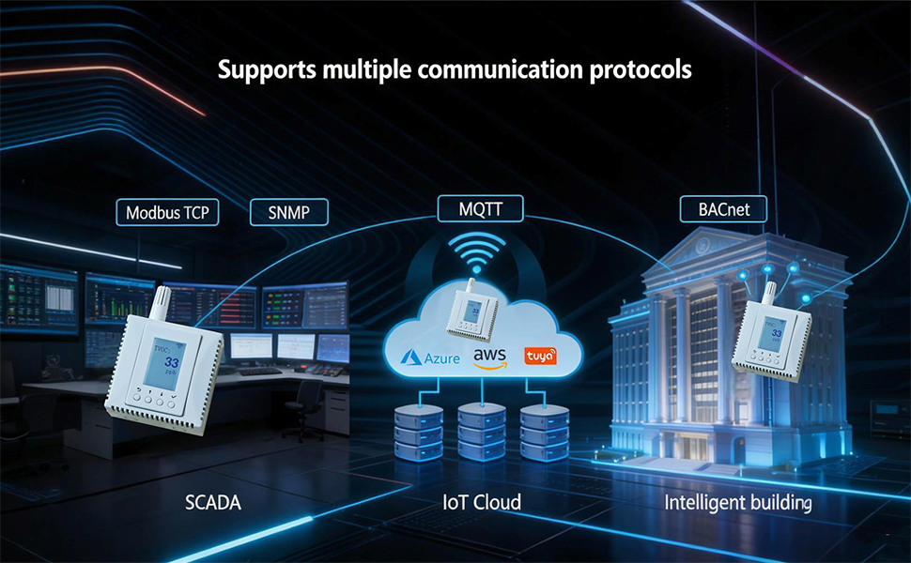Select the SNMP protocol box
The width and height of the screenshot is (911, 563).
pos(292,212)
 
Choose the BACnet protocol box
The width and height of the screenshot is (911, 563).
pos(723,209)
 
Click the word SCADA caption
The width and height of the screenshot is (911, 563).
pos(212,503)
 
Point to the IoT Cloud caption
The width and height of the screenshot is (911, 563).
pos(482,503)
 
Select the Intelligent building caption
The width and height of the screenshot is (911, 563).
pos(737,503)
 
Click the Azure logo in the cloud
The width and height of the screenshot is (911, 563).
pos(432,358)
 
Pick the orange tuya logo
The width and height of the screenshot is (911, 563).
pos(541,357)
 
